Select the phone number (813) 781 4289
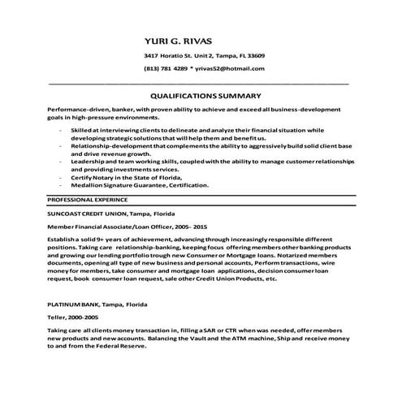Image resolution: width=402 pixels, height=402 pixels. coord(166,69)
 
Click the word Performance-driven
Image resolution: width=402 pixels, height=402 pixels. coord(72,109)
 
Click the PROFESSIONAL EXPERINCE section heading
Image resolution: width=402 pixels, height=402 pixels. coord(87,199)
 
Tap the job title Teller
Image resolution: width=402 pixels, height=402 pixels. coord(57,318)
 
